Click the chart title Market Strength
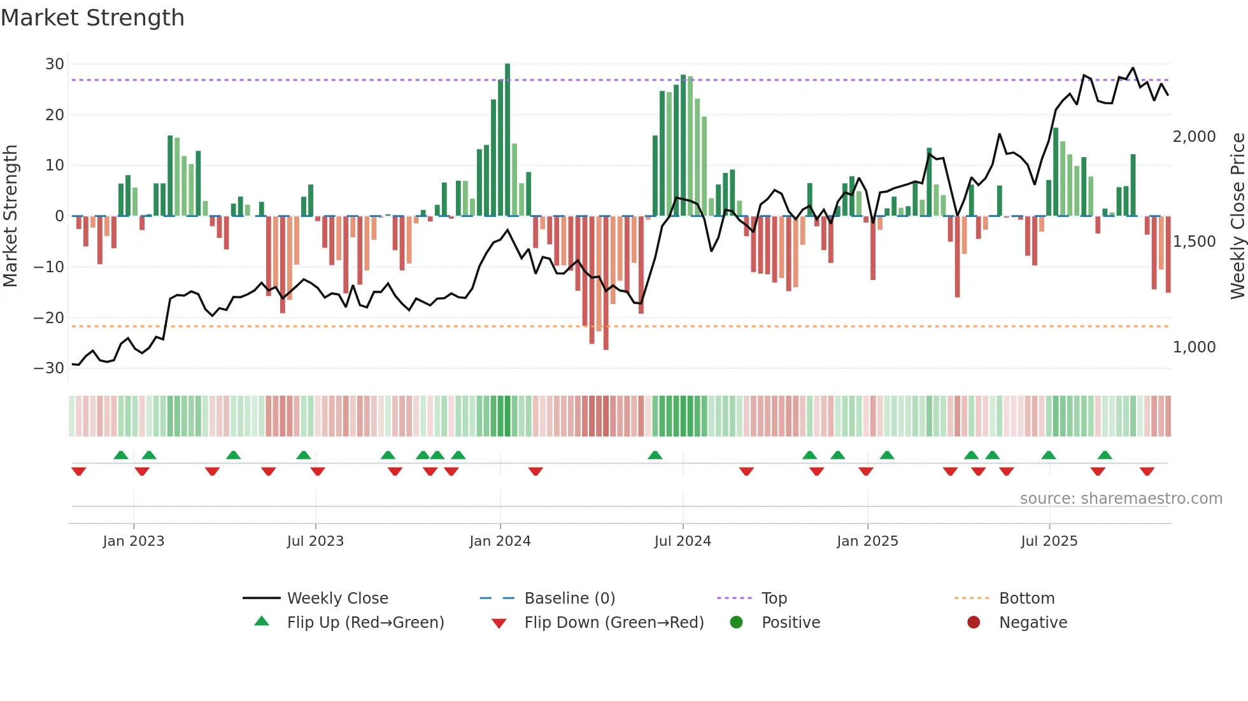[x=92, y=18]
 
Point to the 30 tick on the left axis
[x=55, y=64]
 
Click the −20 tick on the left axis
[x=50, y=317]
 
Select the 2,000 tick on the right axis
[x=1194, y=137]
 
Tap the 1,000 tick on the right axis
[x=1194, y=347]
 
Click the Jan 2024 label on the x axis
[x=500, y=541]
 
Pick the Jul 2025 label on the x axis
[x=1049, y=541]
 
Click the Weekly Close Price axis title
[x=1237, y=216]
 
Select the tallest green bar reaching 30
[x=507, y=140]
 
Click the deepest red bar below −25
[x=606, y=283]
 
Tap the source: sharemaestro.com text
[x=1121, y=499]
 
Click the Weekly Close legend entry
[x=337, y=599]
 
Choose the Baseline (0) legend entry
[x=569, y=599]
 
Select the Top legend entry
[x=774, y=599]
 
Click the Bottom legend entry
[x=1026, y=599]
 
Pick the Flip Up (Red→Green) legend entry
[x=365, y=623]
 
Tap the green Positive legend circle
[x=737, y=623]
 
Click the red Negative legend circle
[x=974, y=623]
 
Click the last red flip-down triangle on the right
[x=1147, y=471]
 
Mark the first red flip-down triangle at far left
[x=79, y=471]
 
